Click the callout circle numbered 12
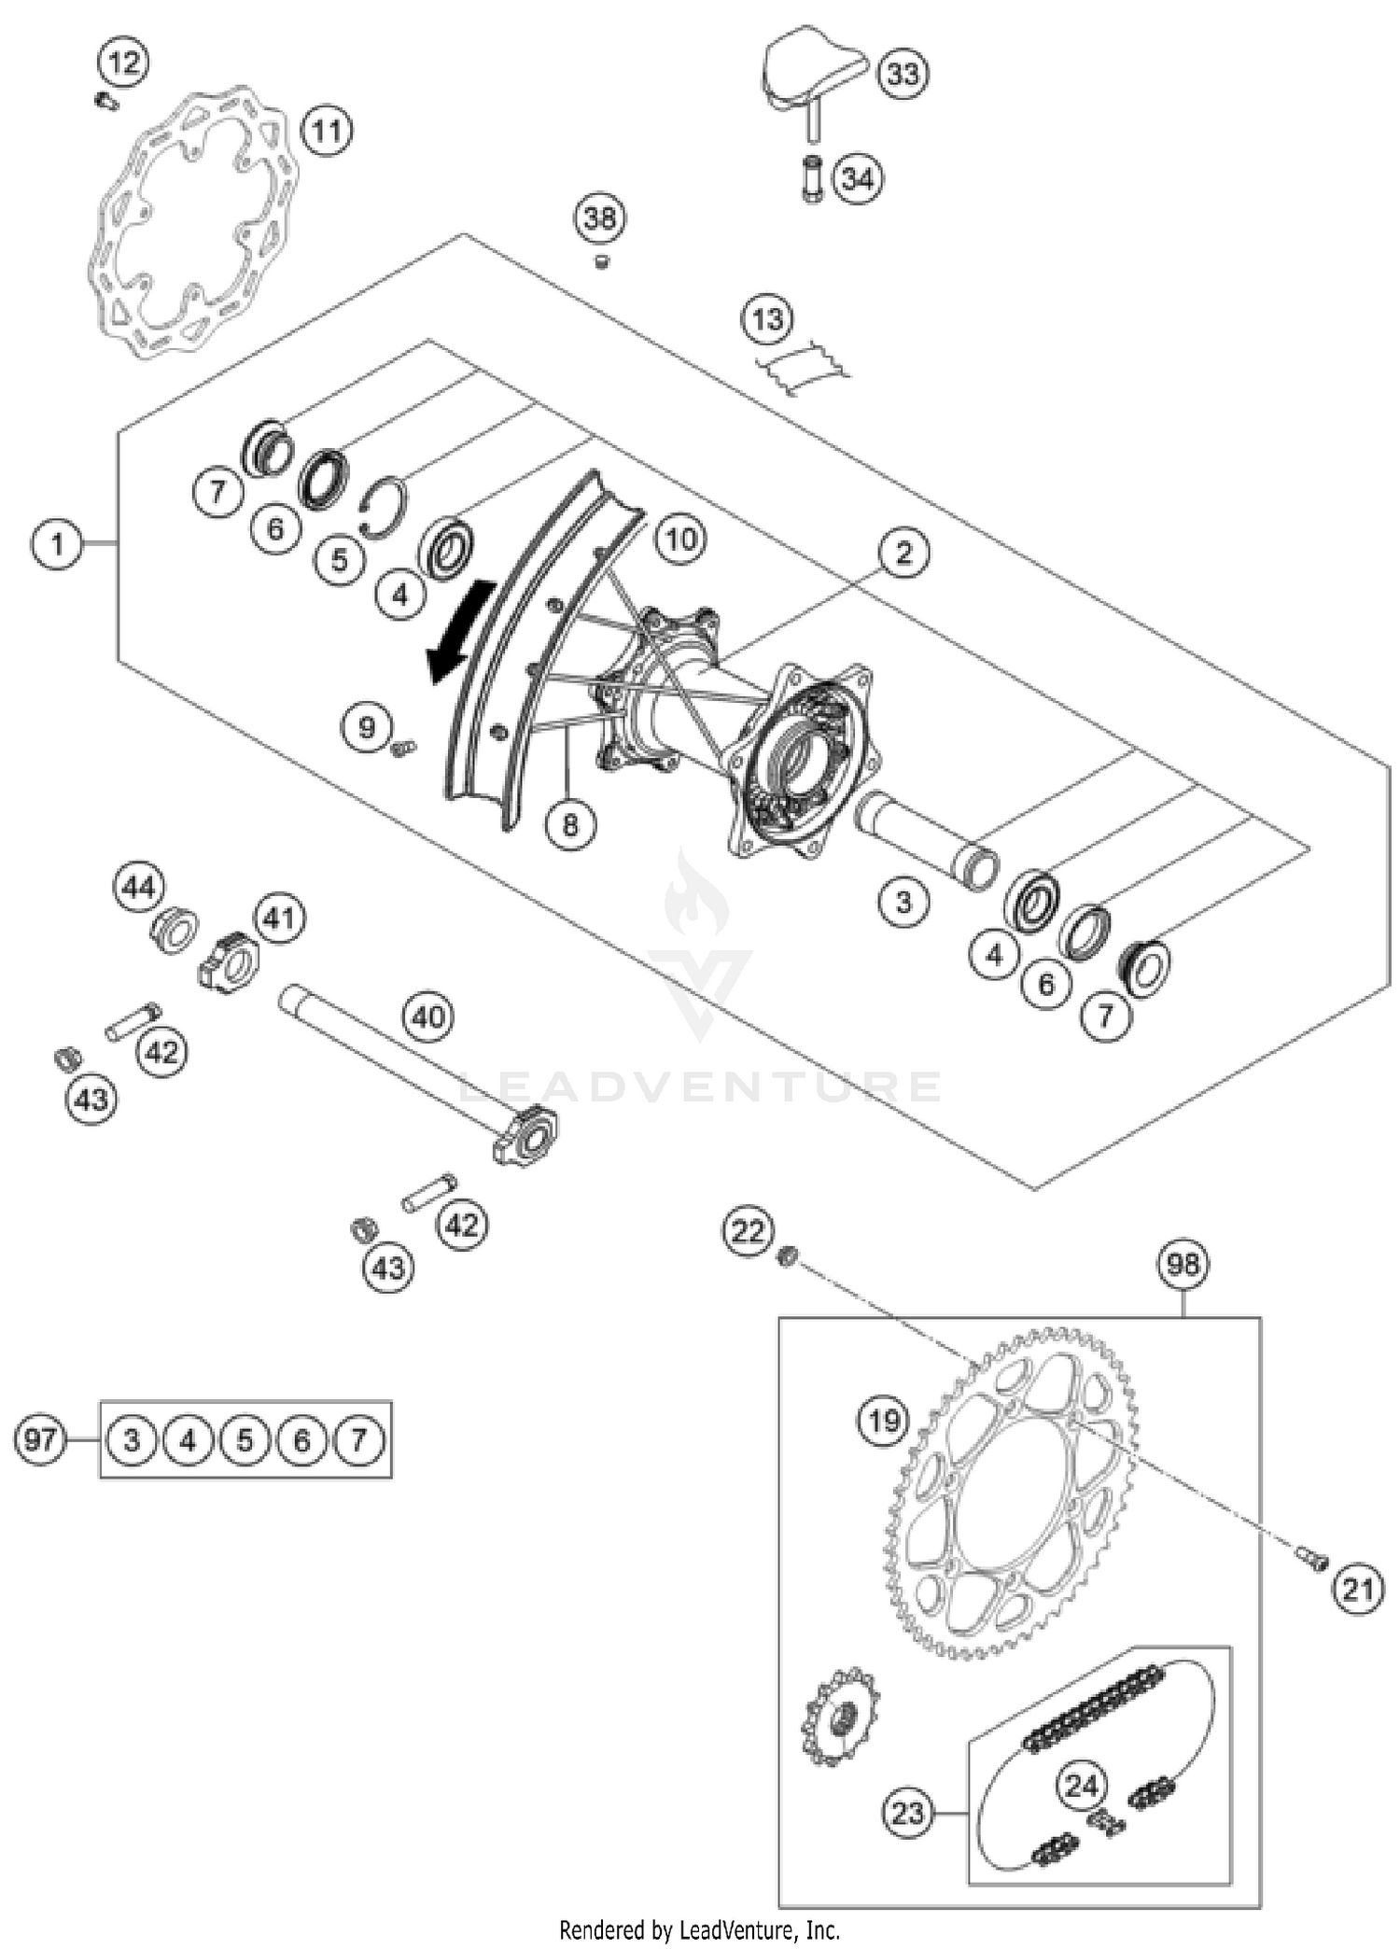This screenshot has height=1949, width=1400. [123, 63]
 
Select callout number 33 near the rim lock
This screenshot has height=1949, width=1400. [903, 74]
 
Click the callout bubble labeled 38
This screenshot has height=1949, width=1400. [599, 218]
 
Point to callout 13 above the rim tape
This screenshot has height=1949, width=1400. [767, 320]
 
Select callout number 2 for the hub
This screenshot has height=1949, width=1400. [903, 554]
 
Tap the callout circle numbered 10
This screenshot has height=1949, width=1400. [680, 539]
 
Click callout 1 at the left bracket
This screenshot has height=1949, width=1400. [57, 543]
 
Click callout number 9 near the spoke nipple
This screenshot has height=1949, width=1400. [366, 727]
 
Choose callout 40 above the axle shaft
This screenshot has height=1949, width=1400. [428, 1017]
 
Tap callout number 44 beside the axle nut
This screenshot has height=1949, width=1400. [139, 888]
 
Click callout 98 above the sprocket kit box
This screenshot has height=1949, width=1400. [1183, 1265]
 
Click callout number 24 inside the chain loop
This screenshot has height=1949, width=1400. [1082, 1786]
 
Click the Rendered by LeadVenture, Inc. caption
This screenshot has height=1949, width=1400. [699, 1928]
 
